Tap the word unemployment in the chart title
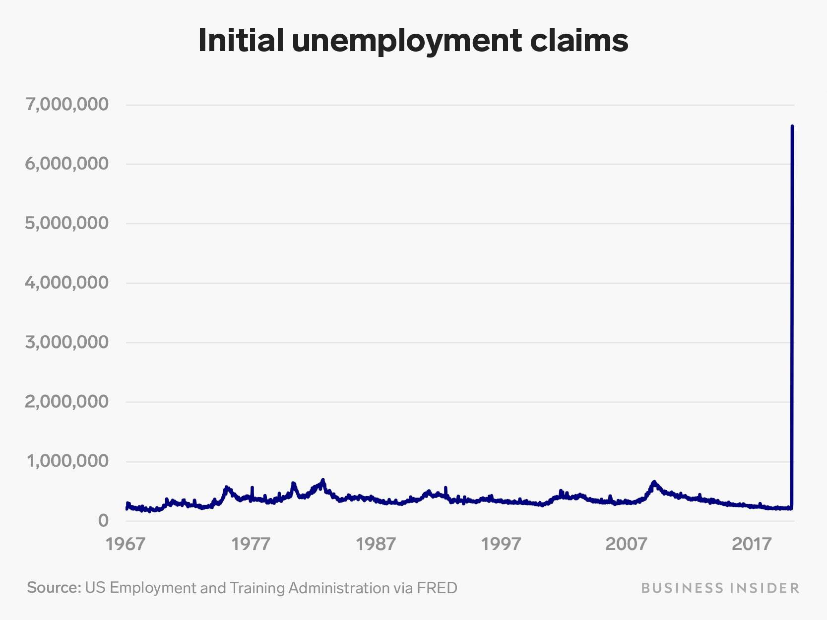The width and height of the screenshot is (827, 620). click(406, 41)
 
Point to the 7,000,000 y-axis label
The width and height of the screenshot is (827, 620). click(66, 104)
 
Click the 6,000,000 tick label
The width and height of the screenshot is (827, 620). click(66, 164)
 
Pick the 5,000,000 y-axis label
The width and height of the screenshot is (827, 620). click(66, 223)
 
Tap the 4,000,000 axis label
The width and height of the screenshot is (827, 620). click(66, 283)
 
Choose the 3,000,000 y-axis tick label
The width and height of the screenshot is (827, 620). click(66, 342)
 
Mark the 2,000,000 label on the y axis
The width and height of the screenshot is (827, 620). click(66, 402)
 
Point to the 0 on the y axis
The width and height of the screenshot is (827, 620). click(103, 520)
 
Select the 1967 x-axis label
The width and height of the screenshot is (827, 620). click(126, 544)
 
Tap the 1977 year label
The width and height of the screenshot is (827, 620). click(251, 544)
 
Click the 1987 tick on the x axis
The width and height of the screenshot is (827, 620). click(376, 544)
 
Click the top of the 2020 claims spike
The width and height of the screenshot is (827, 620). click(792, 126)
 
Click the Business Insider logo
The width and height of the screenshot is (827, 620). click(720, 588)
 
